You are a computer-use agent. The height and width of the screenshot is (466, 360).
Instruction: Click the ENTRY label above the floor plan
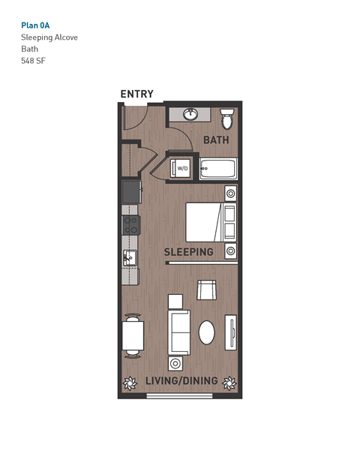[x=136, y=94]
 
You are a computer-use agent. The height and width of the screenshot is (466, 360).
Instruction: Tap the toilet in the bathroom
[x=227, y=119]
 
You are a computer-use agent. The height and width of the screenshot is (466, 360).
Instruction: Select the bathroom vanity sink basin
[x=190, y=114]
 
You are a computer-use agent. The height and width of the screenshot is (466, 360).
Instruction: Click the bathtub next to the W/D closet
[x=218, y=168]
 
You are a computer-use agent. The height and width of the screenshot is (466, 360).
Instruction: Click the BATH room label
[x=216, y=140]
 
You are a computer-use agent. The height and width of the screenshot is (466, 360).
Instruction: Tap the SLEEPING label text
[x=189, y=252]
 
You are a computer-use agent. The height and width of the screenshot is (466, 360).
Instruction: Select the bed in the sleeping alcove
[x=204, y=221]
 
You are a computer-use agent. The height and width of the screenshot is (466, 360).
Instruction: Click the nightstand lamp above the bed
[x=231, y=194]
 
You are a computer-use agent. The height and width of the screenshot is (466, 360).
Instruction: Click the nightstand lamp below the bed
[x=231, y=250]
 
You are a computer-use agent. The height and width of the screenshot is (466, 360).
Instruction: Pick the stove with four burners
[x=131, y=224]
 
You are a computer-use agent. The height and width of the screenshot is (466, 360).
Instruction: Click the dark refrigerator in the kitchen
[x=131, y=191]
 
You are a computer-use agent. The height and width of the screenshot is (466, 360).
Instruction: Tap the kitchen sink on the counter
[x=129, y=259]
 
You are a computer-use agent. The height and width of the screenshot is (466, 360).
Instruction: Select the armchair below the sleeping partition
[x=206, y=290]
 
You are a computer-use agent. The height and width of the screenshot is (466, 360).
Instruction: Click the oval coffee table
[x=206, y=331]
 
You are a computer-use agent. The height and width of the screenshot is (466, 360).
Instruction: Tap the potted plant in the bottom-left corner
[x=129, y=383]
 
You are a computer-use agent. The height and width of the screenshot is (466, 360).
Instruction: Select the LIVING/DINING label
[x=181, y=381]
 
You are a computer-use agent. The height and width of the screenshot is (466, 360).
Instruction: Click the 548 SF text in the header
[x=33, y=62]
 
